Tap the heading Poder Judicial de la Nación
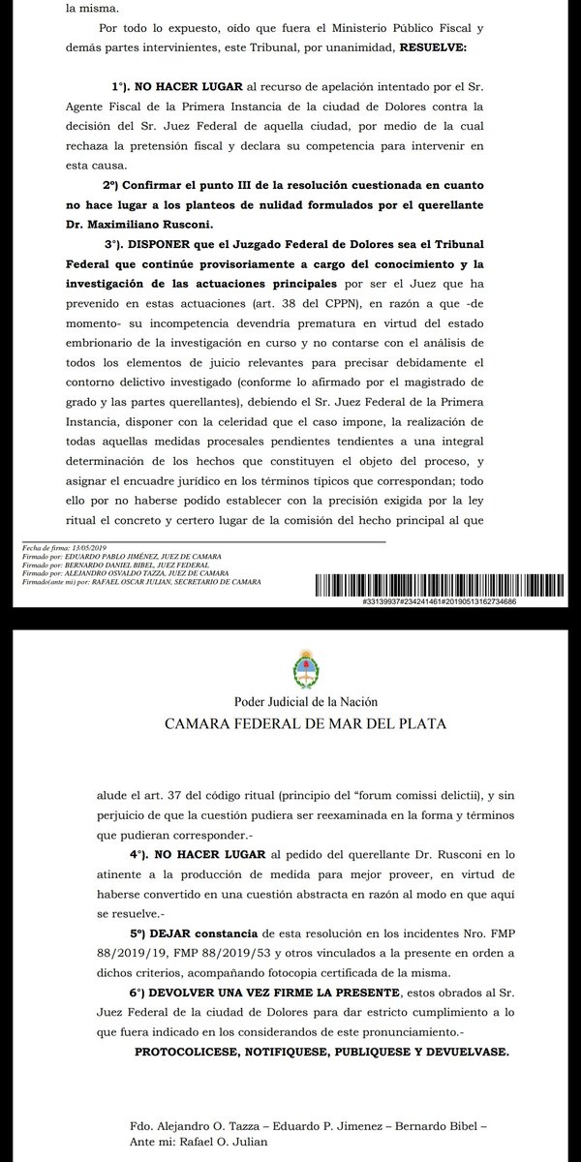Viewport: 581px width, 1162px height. pos(290,700)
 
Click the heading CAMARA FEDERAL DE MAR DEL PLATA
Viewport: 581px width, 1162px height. pos(290,723)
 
